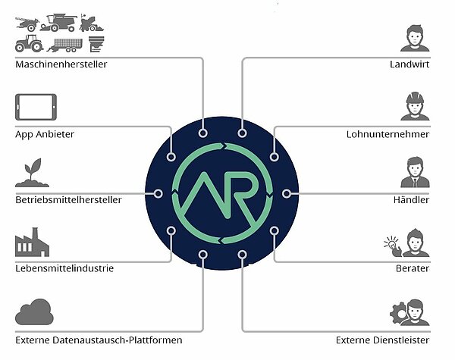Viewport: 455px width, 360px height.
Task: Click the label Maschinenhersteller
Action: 61,64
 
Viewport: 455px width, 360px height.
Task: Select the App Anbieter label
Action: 45,134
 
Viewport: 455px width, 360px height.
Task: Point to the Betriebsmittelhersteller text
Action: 77,201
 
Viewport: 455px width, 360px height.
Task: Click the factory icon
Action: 31,242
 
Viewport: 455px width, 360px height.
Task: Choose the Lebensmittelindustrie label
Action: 64,268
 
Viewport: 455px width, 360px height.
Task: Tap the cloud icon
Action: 33,311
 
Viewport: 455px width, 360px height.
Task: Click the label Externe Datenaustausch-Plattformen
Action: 99,340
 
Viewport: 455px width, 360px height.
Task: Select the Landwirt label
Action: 410,64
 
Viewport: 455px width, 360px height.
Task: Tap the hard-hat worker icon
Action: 414,105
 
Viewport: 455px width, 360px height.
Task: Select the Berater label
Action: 413,268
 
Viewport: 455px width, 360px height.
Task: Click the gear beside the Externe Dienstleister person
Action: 397,311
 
